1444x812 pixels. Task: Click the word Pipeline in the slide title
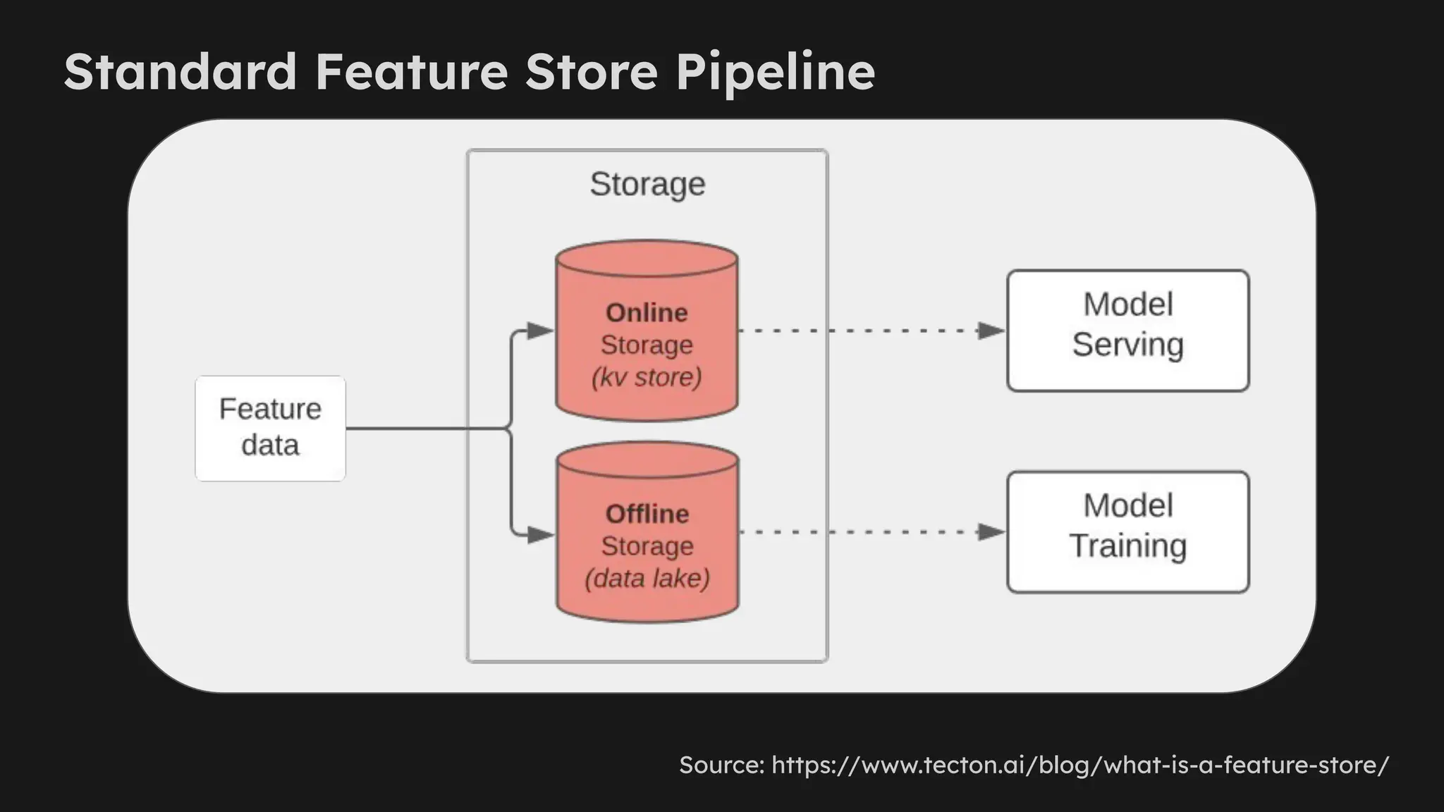click(775, 72)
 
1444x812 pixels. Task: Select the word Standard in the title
click(180, 72)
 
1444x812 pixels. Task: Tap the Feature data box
click(270, 428)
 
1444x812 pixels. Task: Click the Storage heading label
click(647, 184)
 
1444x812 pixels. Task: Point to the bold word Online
click(647, 312)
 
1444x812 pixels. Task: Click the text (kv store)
click(647, 377)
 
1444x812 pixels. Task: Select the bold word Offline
click(647, 514)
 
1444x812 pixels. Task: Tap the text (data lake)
click(647, 579)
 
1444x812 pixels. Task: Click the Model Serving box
click(1127, 330)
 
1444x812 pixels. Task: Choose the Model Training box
click(1127, 531)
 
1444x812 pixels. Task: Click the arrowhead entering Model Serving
click(991, 331)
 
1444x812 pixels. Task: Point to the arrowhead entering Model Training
click(991, 532)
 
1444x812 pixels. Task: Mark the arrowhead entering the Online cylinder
click(540, 331)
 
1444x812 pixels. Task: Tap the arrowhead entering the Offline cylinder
click(540, 535)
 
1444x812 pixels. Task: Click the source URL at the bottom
click(1079, 765)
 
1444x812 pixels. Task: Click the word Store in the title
click(591, 72)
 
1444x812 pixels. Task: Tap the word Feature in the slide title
click(411, 72)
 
